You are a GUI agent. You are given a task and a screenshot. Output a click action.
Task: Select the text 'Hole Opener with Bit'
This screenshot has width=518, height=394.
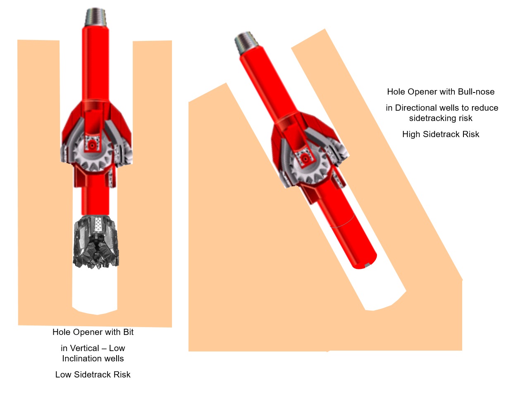point(93,332)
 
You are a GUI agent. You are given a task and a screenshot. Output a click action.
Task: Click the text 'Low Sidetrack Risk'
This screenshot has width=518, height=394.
point(93,375)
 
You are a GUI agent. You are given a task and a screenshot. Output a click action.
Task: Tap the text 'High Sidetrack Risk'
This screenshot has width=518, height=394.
point(441,134)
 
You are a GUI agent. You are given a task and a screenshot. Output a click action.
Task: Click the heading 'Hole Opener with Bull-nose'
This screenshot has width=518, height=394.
point(441,92)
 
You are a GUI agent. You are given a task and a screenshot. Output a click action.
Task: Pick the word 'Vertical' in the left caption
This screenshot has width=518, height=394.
point(85,348)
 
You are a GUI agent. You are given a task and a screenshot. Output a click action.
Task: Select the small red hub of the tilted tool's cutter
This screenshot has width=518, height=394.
point(306,159)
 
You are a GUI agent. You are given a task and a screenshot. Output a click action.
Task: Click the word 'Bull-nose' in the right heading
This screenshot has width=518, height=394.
point(476,92)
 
